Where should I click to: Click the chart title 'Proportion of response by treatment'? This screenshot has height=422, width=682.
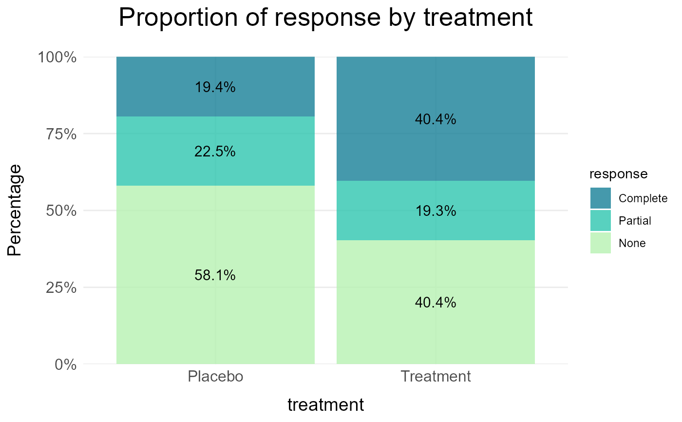click(325, 18)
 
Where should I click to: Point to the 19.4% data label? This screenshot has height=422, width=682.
click(215, 87)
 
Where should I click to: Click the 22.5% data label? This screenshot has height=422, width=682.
click(215, 152)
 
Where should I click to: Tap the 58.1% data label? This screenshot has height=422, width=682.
click(215, 275)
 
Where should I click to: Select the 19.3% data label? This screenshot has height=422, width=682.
click(436, 211)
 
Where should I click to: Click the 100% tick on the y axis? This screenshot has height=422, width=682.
click(57, 58)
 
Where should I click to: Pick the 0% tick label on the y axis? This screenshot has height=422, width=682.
click(65, 364)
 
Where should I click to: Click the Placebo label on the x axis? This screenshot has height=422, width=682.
click(215, 377)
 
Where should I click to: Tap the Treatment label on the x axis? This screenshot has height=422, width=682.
click(436, 377)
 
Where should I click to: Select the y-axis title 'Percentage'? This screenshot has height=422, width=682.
click(15, 211)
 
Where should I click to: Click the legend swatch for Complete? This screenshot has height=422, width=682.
click(600, 198)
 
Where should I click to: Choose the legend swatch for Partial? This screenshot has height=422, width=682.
click(600, 221)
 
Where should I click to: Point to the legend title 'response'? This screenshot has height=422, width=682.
click(618, 174)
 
